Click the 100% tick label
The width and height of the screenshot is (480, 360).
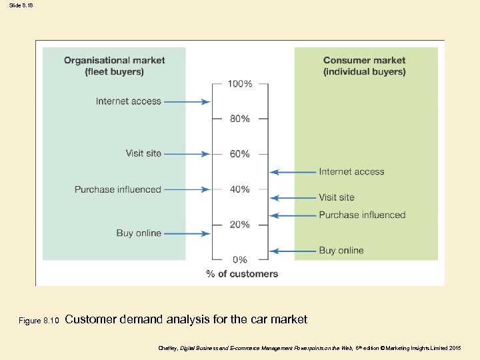click(240, 84)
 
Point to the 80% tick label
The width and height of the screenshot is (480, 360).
click(240, 119)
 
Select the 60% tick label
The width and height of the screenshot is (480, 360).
click(240, 154)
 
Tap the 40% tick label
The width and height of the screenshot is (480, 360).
click(240, 189)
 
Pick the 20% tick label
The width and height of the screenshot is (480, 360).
click(240, 225)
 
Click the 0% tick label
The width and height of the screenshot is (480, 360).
click(240, 259)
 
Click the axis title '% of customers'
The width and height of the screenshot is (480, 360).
click(242, 273)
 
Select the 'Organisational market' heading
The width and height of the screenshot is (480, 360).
click(114, 60)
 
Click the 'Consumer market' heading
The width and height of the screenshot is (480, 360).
click(364, 60)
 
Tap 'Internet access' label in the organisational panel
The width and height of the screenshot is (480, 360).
click(129, 101)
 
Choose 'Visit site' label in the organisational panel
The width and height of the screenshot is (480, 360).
click(143, 153)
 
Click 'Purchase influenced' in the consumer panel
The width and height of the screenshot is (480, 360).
click(362, 215)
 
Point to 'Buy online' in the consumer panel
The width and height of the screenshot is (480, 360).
click(341, 250)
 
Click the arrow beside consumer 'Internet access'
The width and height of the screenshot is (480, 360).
click(293, 172)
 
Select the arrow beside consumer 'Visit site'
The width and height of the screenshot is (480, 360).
click(293, 197)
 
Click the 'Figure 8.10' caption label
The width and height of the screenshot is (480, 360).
click(39, 321)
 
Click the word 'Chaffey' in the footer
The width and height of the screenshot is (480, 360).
click(167, 348)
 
